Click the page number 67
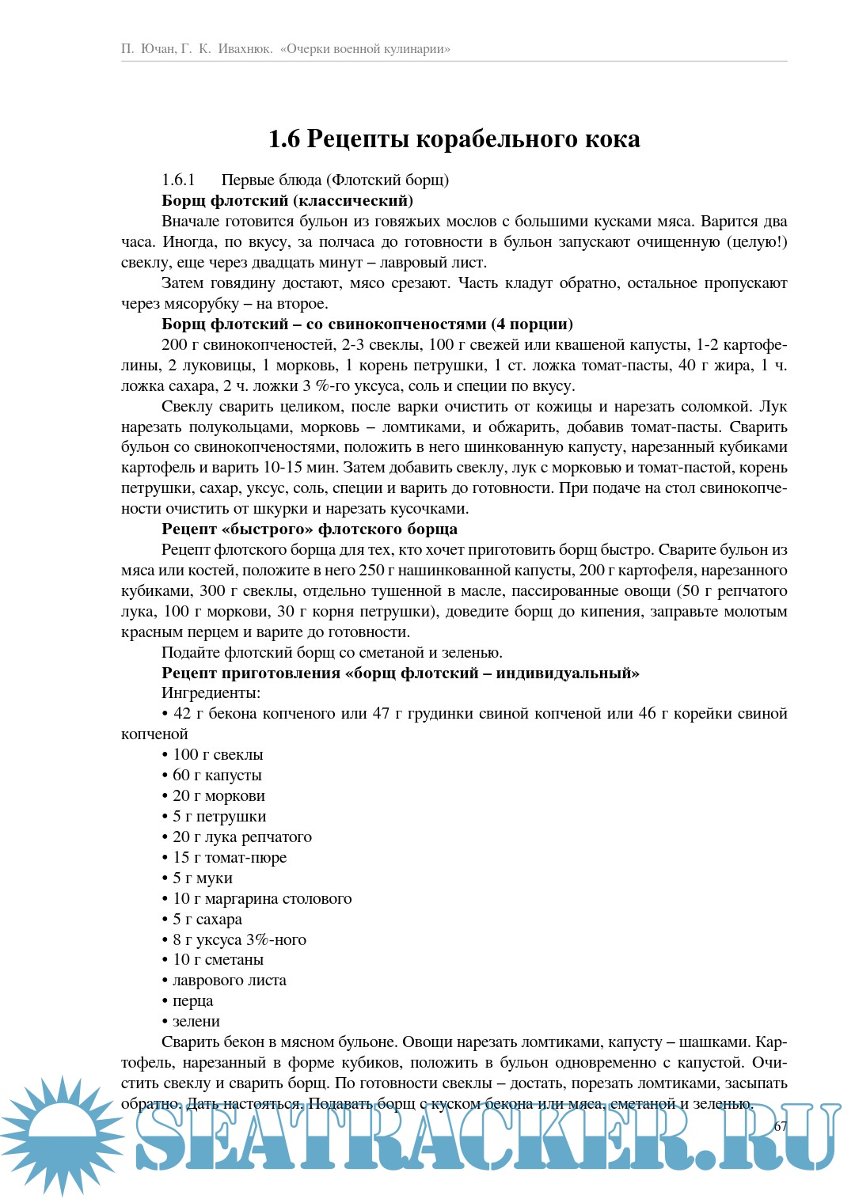coord(781,1126)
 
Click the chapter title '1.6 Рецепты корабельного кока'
coord(454,139)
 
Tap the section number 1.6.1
coord(178,180)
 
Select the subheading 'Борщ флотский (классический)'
coord(287,200)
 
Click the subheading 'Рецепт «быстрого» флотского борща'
coord(310,529)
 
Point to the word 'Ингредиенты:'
coord(211,693)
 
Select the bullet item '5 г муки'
coord(202,878)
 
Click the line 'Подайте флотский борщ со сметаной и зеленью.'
coord(332,653)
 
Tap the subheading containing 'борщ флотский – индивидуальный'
coord(400,673)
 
